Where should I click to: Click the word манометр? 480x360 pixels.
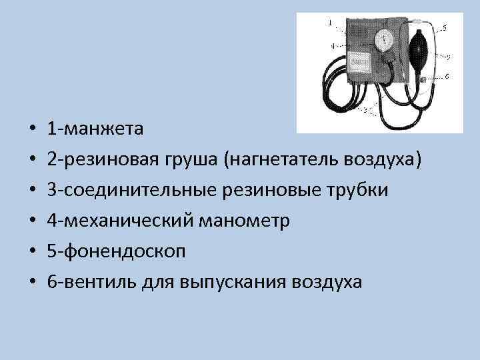coord(245,221)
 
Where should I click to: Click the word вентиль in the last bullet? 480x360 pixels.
coord(99,282)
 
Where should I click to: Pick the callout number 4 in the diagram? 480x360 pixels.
coord(331,46)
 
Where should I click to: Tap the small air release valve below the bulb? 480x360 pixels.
coord(424,79)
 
